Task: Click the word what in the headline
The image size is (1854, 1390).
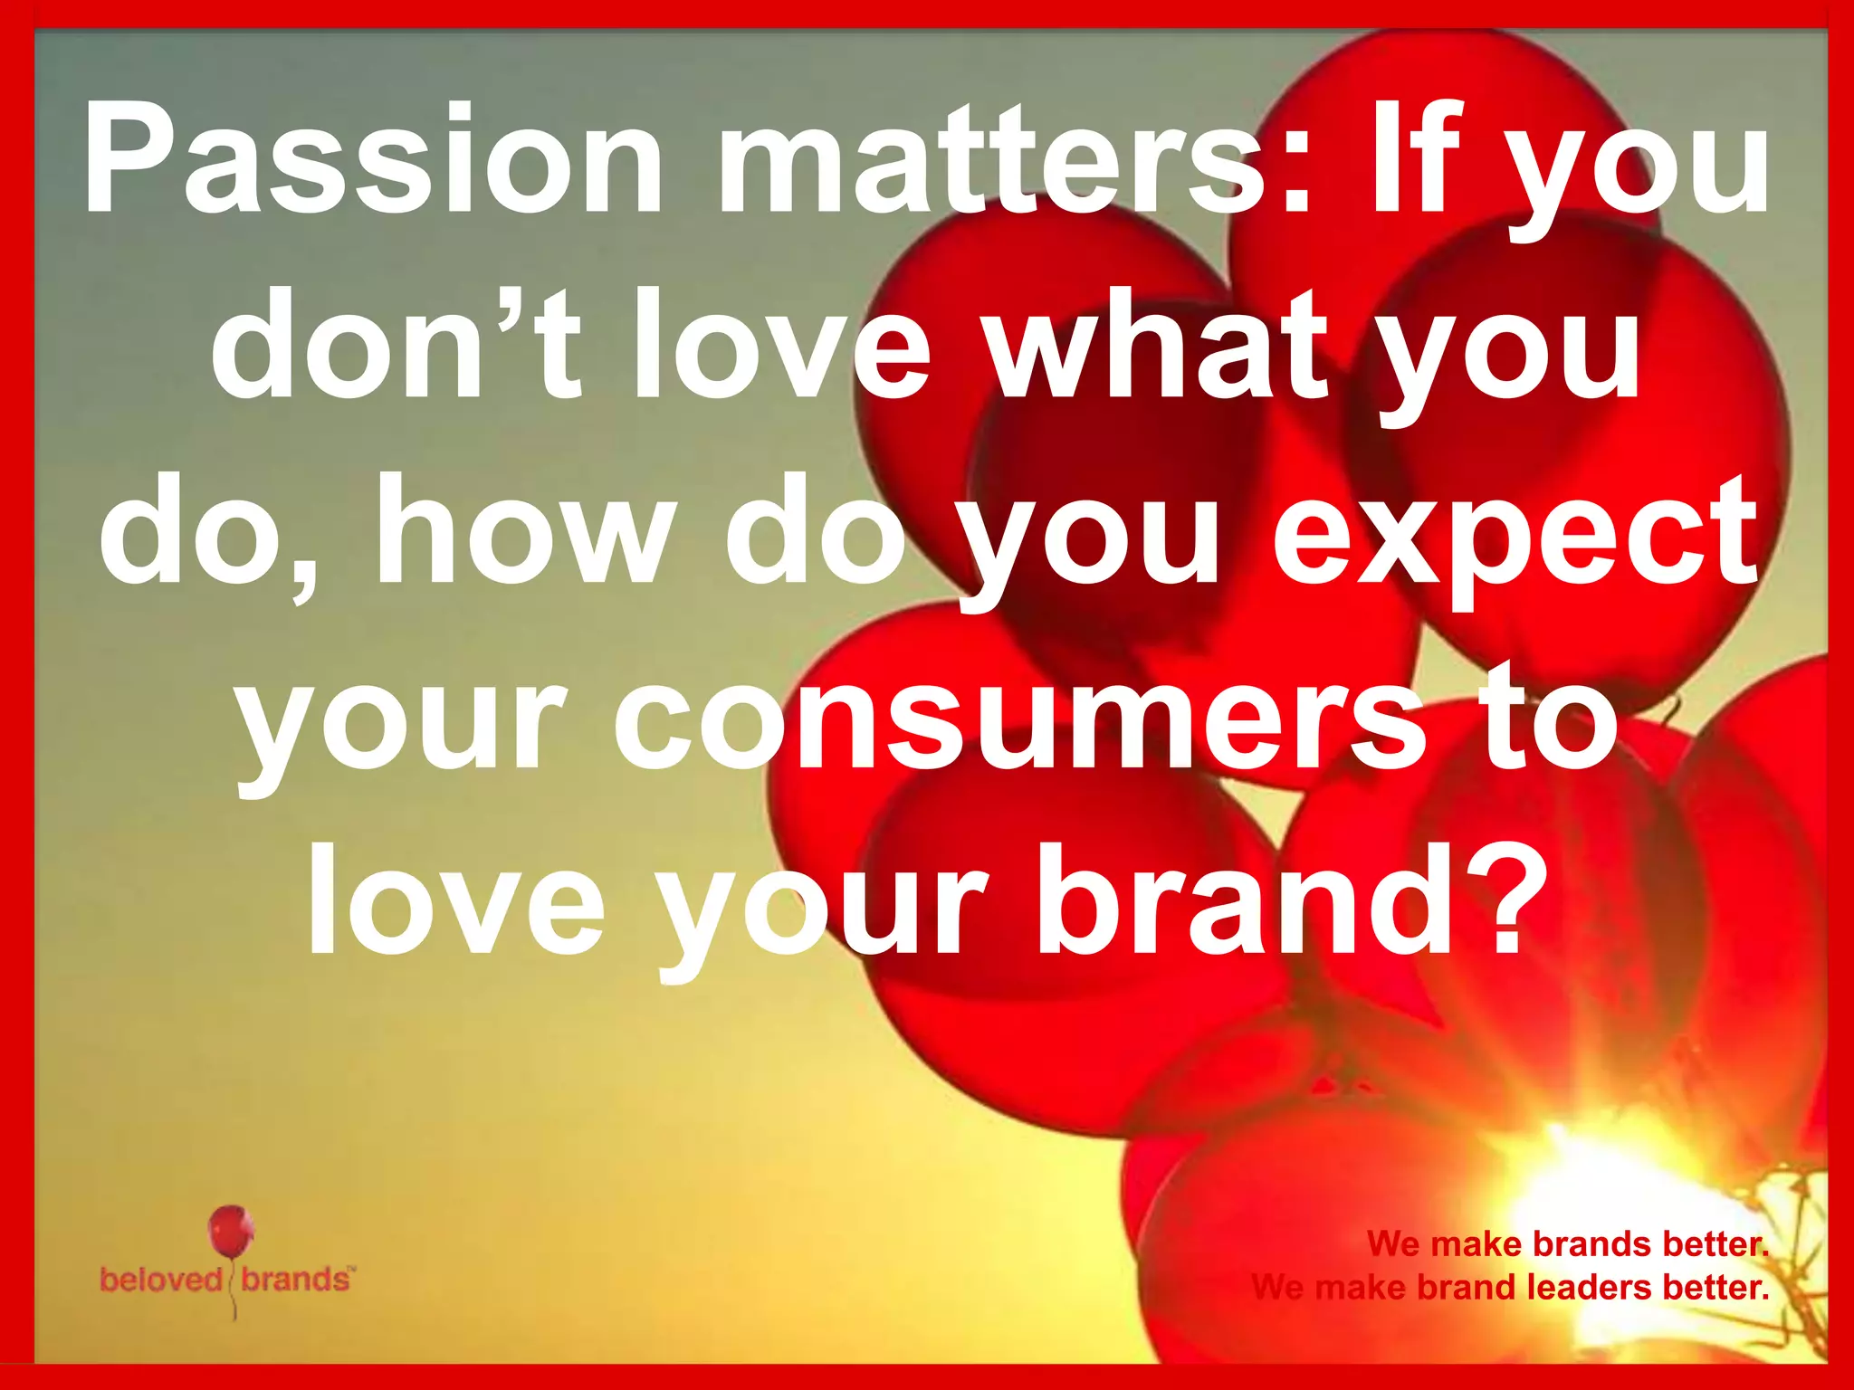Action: coord(1158,348)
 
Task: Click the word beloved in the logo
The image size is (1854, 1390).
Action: coord(161,1280)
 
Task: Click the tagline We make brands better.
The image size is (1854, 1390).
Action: coord(1567,1244)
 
